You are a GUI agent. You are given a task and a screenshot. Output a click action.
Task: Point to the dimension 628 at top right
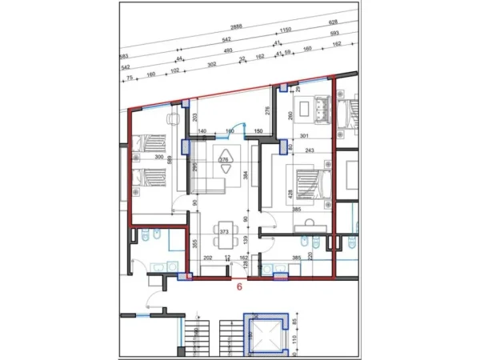[x=357, y=22]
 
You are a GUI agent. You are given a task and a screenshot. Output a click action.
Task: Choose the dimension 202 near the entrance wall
[x=208, y=258]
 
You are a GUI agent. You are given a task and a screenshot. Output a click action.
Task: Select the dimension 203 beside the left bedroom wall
[x=194, y=117]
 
